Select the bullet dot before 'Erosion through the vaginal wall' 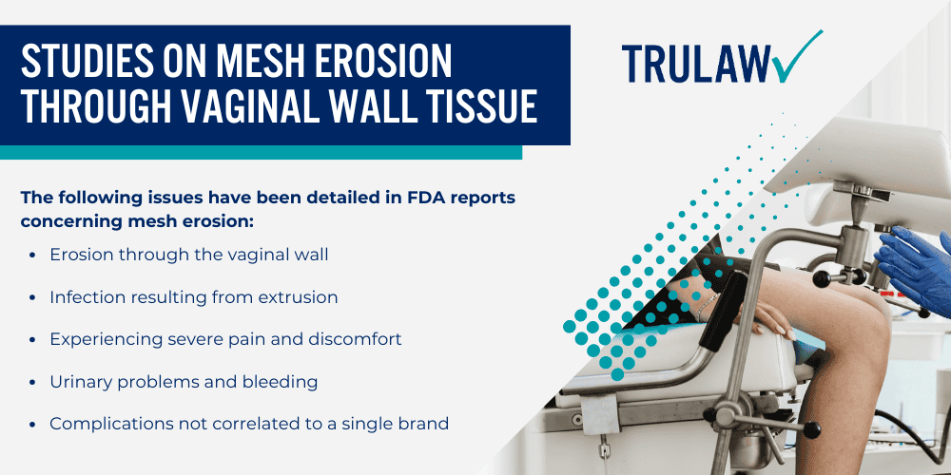click(x=34, y=256)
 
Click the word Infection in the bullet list click(x=83, y=297)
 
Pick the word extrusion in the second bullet click(x=297, y=297)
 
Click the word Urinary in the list click(x=79, y=381)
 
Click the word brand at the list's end click(x=425, y=423)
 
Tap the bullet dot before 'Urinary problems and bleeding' click(x=34, y=382)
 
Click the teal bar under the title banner click(x=261, y=152)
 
